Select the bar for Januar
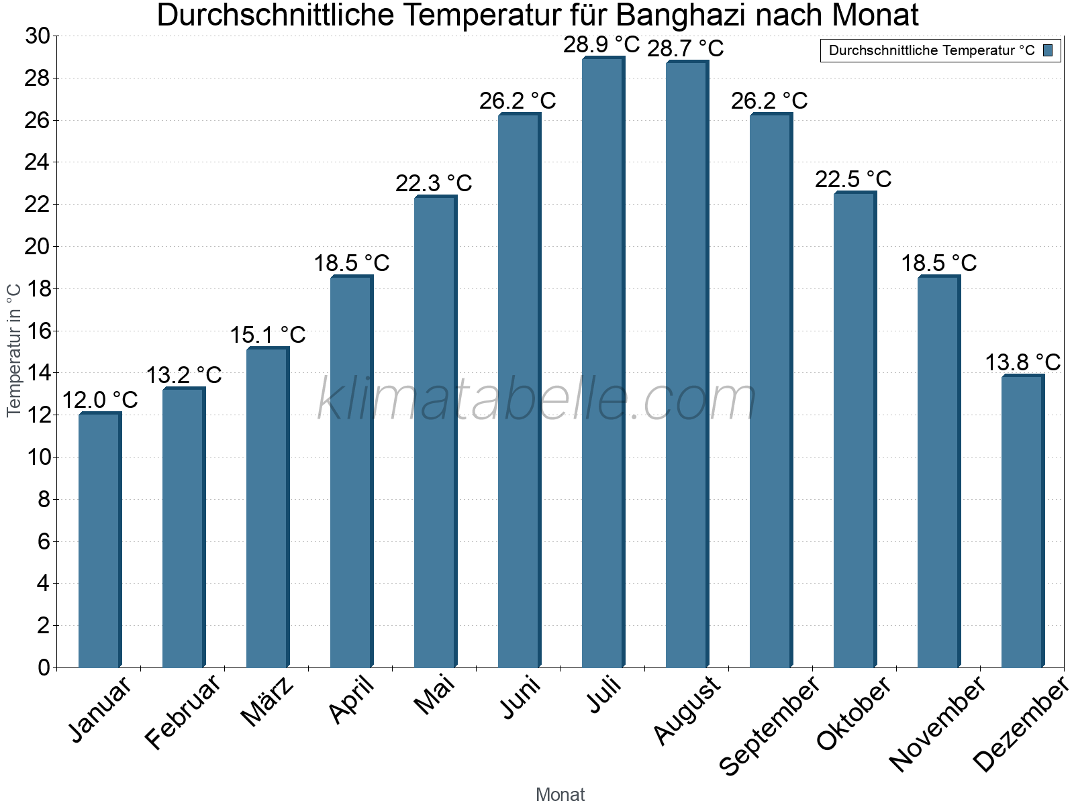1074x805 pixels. (x=99, y=540)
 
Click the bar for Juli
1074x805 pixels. (x=603, y=362)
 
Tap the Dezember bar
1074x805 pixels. (x=1022, y=521)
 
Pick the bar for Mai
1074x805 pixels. (x=435, y=432)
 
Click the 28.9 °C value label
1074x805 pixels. (x=601, y=45)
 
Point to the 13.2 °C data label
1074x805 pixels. (x=184, y=375)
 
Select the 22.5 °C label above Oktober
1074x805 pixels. (x=853, y=180)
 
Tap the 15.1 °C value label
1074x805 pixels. (x=268, y=335)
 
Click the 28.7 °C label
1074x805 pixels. (x=685, y=49)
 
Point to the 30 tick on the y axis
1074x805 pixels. (x=38, y=36)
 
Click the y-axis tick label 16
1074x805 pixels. (x=38, y=331)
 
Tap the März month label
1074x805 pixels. (x=268, y=702)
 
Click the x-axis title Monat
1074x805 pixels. (x=560, y=795)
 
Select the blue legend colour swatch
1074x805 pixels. (x=1048, y=50)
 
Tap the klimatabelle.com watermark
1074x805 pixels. (x=537, y=399)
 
